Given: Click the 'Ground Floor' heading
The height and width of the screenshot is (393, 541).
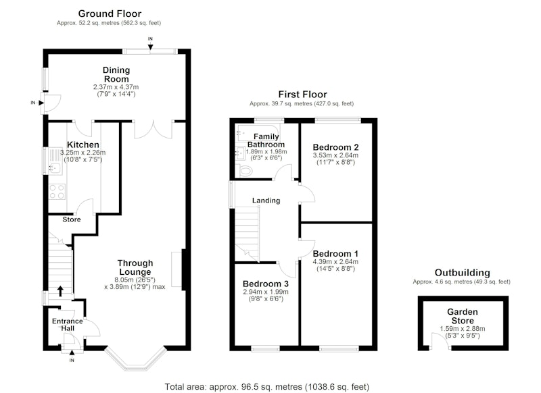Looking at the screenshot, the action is coord(110,14).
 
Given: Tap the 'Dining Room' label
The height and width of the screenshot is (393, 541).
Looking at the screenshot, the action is coord(116,74).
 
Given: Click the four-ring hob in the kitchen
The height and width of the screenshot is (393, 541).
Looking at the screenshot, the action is coord(57,192).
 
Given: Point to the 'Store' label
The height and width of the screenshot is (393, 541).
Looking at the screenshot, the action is coord(72,219).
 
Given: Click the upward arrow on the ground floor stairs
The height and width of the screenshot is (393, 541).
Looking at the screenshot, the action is coord(60,291).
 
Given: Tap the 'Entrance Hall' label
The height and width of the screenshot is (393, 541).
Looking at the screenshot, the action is coord(67,324).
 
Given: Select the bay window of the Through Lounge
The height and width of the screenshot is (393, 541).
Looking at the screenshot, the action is coord(135,359).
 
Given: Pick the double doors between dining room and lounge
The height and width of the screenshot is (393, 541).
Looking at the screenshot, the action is coord(154,130).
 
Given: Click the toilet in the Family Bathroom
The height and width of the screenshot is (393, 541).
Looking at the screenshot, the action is coord(245,170).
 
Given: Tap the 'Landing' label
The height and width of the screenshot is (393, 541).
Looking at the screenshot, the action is coord(266,201).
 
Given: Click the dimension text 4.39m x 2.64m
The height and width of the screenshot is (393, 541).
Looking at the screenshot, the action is coord(335,262).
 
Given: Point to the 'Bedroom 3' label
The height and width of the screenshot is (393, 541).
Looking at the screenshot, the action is coord(266,284).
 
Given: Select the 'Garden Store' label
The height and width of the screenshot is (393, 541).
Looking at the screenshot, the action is coord(463,316).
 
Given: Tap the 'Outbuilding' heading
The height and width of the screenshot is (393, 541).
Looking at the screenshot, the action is coord(463,273).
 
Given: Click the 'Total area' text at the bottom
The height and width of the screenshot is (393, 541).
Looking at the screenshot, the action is coord(266,387).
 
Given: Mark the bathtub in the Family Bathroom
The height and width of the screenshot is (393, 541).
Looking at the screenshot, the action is coord(259,132).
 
